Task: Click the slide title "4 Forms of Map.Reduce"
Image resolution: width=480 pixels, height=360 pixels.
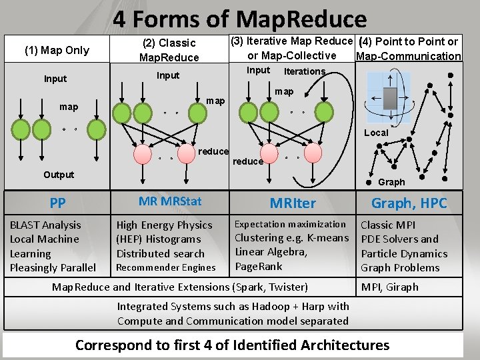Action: (240, 18)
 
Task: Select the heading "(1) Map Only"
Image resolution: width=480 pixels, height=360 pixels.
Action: (57, 50)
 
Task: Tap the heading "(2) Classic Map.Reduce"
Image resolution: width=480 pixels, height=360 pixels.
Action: (169, 50)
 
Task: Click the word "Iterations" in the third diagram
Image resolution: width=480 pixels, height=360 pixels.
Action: (305, 71)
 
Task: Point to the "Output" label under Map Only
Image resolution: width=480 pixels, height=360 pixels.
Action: (59, 175)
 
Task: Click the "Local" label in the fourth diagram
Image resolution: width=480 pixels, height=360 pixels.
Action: (376, 133)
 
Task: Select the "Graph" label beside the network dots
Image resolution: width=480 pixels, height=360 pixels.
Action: (391, 182)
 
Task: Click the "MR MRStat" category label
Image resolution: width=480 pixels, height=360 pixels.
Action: (170, 201)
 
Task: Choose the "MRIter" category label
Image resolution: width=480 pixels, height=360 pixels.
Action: (293, 203)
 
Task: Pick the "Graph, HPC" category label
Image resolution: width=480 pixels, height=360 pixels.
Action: (409, 203)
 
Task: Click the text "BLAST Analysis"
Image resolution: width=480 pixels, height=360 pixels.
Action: (45, 225)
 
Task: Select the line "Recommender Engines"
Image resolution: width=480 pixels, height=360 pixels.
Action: (166, 267)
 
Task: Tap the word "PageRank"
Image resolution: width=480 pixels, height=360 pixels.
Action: (259, 266)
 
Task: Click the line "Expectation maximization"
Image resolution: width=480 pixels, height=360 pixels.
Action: (290, 224)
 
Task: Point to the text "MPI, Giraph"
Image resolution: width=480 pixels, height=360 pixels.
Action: (390, 287)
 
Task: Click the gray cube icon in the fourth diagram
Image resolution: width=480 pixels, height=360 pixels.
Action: (391, 98)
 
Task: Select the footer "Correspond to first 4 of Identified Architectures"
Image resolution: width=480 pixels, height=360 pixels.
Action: (232, 345)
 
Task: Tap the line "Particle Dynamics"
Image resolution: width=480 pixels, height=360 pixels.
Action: (404, 253)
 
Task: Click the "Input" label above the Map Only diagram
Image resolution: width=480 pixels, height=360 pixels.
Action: (55, 79)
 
